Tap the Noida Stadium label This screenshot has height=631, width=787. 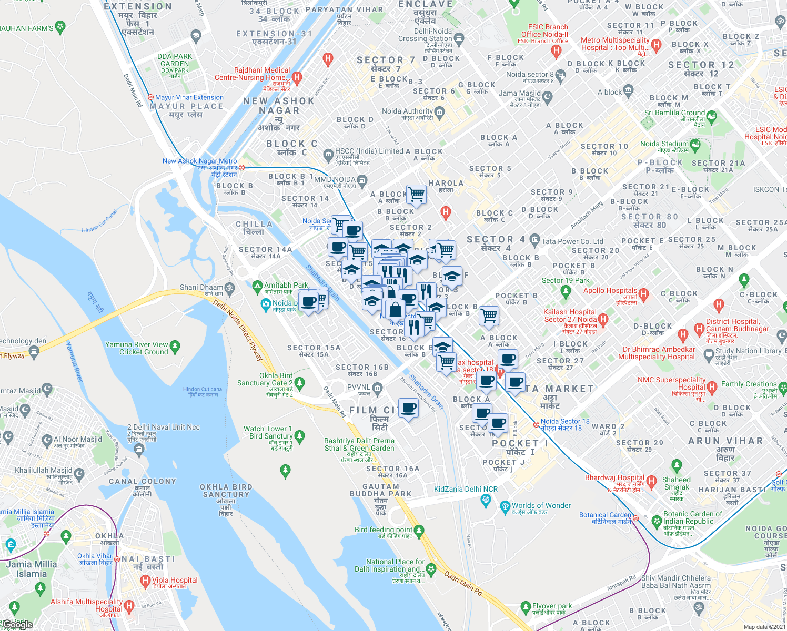point(664,144)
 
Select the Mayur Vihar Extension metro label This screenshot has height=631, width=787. point(189,97)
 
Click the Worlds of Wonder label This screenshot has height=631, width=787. point(541,505)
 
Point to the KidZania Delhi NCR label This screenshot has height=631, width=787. point(466,489)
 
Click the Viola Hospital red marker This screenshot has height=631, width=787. point(146,581)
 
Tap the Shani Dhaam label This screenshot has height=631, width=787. point(201,287)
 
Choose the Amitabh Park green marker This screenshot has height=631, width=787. point(257,287)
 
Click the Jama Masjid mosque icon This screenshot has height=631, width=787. point(548,97)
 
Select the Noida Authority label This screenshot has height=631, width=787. point(407,111)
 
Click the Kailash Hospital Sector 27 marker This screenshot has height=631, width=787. point(603,319)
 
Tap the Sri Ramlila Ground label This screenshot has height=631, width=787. point(674,113)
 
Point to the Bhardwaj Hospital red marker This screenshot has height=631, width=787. point(652,481)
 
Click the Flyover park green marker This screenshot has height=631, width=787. point(525,608)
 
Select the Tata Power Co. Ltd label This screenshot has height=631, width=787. point(572,241)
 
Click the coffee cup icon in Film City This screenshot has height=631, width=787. point(409,408)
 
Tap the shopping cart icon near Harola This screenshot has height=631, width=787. point(416,194)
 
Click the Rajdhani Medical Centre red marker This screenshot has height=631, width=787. point(297,78)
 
